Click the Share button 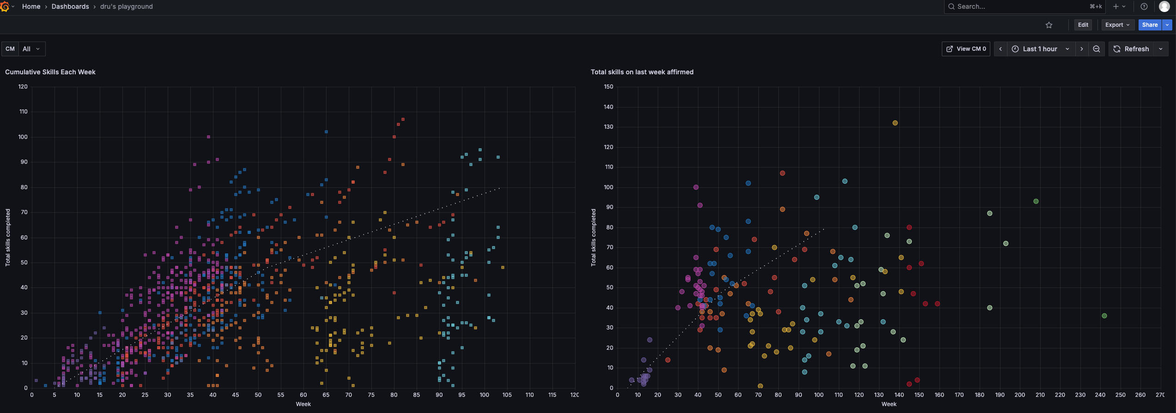pos(1149,25)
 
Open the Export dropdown pos(1117,25)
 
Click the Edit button pos(1083,25)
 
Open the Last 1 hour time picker pos(1040,49)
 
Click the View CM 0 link pos(966,49)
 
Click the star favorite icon pos(1049,25)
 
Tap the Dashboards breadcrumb pos(70,6)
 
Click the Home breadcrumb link pos(31,6)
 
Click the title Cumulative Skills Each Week pos(50,72)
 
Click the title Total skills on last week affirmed pos(642,72)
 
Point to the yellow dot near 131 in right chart pos(895,123)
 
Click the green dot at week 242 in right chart pos(1104,316)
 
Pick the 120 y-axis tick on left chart pos(23,87)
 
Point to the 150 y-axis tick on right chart pos(608,87)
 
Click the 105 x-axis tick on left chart pos(507,395)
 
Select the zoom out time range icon pos(1096,49)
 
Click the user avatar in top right pos(1164,6)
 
